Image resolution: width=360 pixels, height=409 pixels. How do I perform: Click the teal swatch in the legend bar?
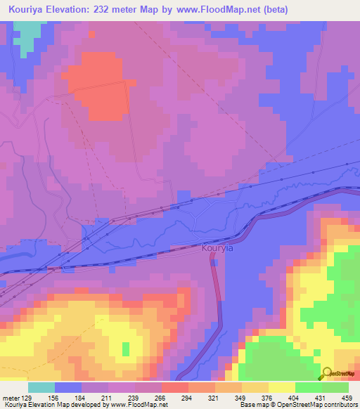point(41,387)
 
